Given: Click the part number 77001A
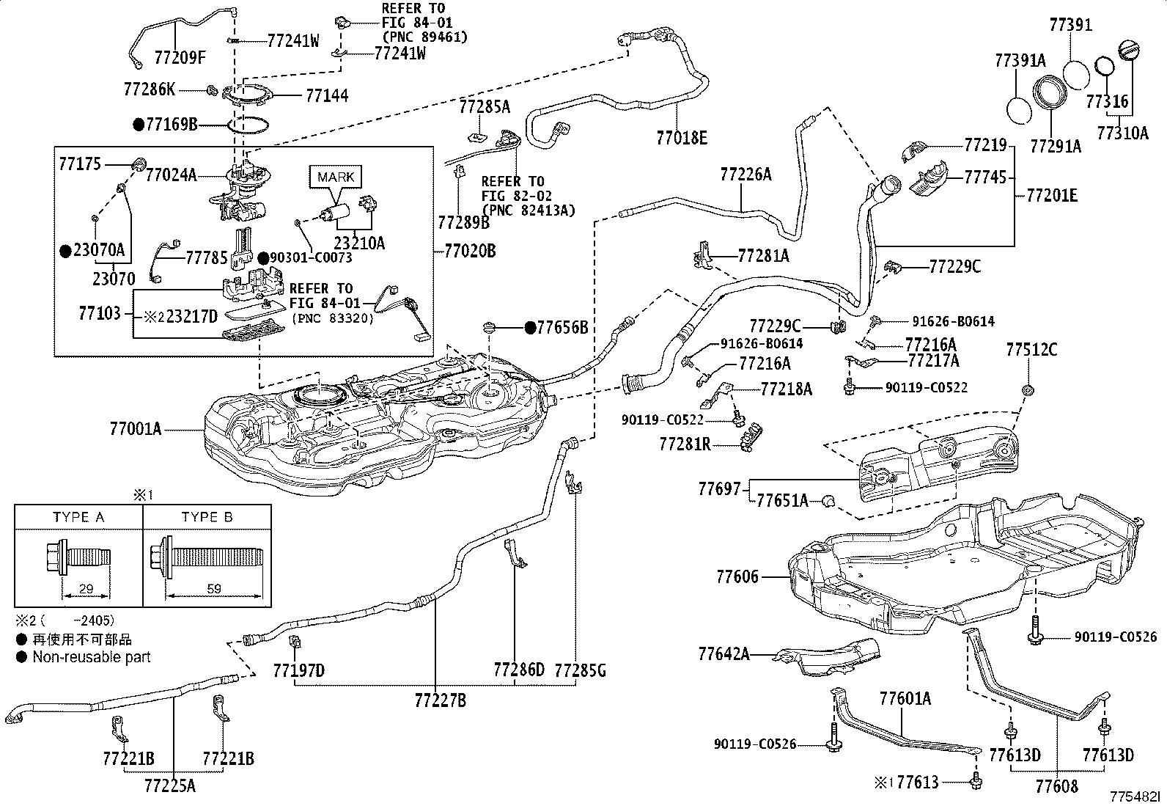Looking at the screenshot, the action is tap(136, 429).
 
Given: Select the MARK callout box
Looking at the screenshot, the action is tap(336, 177).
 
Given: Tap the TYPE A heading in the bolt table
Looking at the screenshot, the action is tap(78, 517).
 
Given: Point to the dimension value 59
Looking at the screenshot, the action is tap(214, 589).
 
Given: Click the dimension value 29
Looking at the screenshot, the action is tap(86, 589).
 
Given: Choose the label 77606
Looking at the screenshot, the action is tap(737, 576).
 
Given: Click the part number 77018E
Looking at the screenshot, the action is tap(682, 138).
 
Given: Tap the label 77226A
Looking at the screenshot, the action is tap(746, 174).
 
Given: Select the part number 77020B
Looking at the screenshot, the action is tap(470, 252).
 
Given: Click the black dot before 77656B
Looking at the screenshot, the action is tap(531, 327).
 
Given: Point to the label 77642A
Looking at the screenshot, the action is tap(724, 653).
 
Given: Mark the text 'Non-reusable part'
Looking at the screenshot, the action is tap(92, 657).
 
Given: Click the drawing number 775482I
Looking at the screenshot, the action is tap(1135, 796).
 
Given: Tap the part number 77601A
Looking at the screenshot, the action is tap(905, 698).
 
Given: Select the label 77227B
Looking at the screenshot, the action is tap(441, 700).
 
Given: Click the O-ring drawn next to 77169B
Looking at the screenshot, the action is tap(249, 126).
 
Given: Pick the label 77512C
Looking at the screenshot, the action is tap(1031, 349).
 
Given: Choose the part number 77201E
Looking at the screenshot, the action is tap(1052, 196).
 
